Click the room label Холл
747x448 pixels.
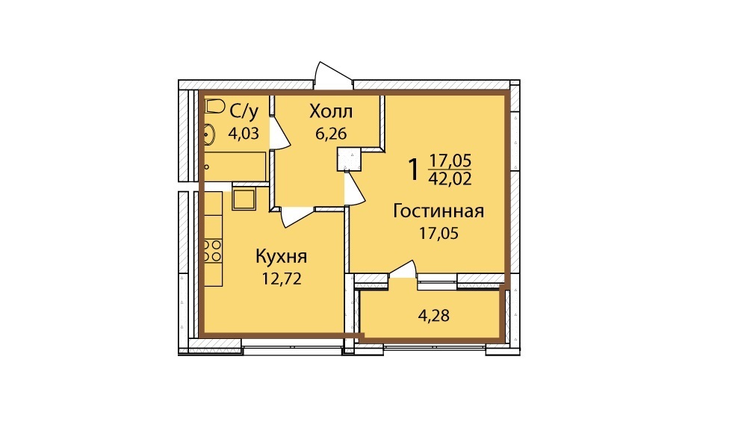(331, 111)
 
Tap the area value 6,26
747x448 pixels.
(331, 134)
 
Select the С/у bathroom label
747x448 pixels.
(244, 112)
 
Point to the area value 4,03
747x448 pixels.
(244, 134)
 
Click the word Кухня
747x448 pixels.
(282, 257)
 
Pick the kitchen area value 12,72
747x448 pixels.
(282, 279)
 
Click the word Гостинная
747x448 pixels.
(438, 211)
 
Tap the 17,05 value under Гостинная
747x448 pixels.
(438, 233)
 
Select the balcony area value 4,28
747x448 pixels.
(433, 315)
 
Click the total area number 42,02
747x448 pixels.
(450, 178)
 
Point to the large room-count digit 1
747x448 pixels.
(414, 170)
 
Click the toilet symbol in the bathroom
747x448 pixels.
(214, 106)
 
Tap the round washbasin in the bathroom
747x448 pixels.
(209, 134)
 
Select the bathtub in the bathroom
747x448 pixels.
(235, 167)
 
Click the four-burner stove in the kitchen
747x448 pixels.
(213, 250)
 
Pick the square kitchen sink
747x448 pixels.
(244, 199)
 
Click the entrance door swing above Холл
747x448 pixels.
(333, 75)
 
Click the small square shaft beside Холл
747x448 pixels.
(349, 159)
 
